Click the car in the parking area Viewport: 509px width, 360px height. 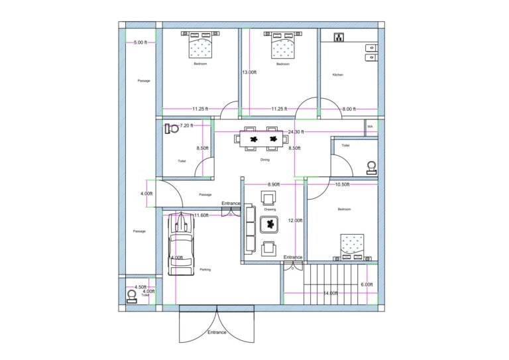(x=181, y=244)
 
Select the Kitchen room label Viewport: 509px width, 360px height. (x=337, y=75)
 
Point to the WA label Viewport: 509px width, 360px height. (x=370, y=126)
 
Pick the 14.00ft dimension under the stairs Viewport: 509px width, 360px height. (x=331, y=293)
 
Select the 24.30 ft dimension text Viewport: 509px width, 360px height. (x=296, y=132)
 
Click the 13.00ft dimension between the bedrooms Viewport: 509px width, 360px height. (x=249, y=72)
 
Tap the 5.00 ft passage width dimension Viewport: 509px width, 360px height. (x=141, y=42)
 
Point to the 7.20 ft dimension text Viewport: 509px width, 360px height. (x=186, y=125)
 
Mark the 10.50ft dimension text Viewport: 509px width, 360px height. (x=347, y=184)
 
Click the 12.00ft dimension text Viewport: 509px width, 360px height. (x=295, y=221)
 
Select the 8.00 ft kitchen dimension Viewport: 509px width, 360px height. (x=349, y=109)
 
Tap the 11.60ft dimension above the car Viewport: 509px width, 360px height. (x=201, y=215)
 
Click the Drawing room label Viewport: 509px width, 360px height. (x=270, y=209)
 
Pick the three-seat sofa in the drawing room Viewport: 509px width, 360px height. (x=251, y=229)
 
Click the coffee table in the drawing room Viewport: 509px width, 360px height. (x=270, y=225)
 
